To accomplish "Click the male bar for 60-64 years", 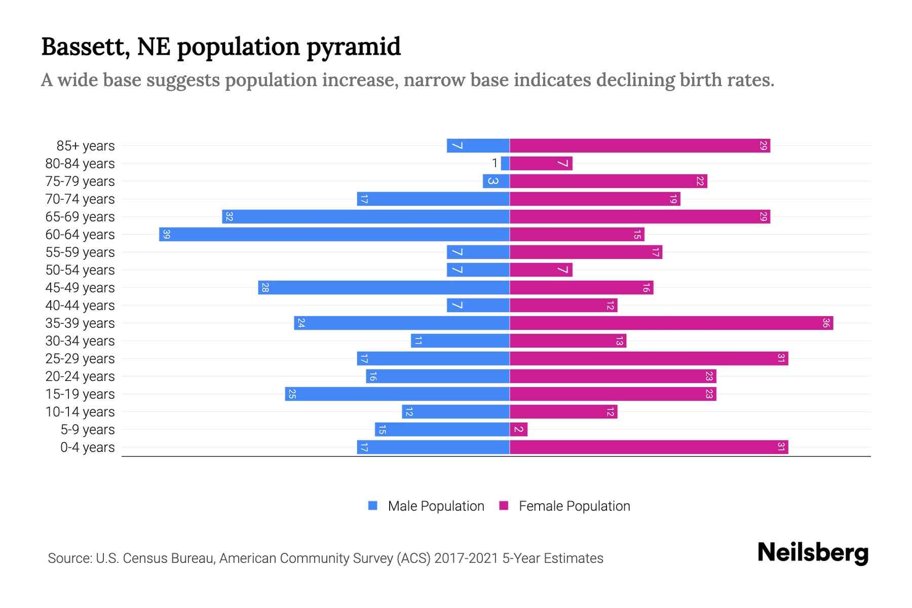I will coord(334,235).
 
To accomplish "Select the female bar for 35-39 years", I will coord(671,323).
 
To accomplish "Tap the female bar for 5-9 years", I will coord(518,430).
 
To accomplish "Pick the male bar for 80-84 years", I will coord(505,164).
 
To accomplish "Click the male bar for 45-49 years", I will coord(384,288).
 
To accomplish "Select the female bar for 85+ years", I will coord(639,146).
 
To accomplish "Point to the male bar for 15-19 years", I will coord(397,394).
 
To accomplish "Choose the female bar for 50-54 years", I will coord(541,270).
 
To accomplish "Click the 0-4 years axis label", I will coord(87,447).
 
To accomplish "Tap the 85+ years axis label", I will coord(85,146).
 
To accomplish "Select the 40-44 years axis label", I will coord(80,306).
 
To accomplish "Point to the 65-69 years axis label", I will coord(80,217).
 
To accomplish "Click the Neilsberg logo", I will coord(813,553).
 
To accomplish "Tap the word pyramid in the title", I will coord(353,47).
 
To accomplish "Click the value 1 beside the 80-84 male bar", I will coord(495,164).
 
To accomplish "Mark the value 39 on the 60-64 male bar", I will coord(166,235).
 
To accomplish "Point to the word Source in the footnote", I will coord(69,558).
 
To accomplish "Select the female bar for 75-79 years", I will coord(608,181).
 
